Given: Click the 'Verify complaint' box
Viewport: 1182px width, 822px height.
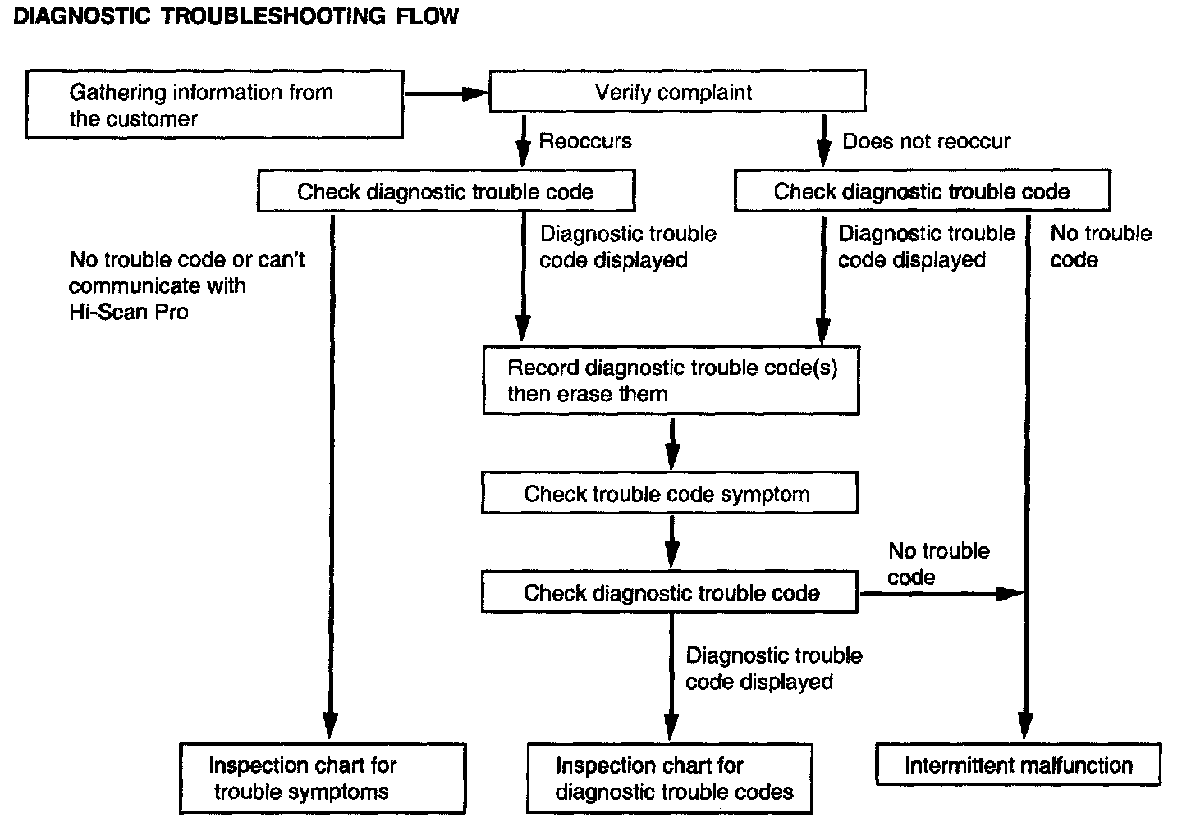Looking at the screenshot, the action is click(677, 91).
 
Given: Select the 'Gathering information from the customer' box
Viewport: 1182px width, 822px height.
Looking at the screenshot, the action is click(214, 104).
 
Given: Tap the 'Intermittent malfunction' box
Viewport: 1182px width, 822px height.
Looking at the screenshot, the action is click(1019, 764).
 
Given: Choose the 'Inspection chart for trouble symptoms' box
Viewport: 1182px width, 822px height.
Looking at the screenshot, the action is click(323, 779).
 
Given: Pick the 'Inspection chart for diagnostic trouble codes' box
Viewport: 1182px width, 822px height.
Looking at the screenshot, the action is click(670, 779).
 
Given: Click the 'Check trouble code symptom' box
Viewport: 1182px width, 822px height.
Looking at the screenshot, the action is click(670, 493).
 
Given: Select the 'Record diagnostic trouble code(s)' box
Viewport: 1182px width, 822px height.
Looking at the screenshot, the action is click(671, 380).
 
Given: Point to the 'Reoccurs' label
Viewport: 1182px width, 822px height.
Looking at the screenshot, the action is click(585, 141).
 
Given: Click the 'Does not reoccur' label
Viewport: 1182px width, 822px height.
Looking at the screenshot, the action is click(926, 141).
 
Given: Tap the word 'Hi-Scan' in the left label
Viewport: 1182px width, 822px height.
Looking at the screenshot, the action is click(108, 312).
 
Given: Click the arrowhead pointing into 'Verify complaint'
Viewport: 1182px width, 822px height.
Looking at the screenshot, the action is click(476, 94).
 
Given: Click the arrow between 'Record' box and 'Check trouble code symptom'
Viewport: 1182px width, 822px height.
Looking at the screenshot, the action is click(671, 444).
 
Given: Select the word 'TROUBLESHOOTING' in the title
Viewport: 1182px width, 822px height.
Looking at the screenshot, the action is click(273, 16).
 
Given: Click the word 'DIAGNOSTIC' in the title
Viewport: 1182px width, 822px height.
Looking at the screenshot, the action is click(82, 16).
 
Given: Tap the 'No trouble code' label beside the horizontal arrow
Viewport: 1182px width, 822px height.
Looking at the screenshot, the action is click(939, 564).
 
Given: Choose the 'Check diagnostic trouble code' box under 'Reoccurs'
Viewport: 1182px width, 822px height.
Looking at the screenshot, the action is click(447, 191).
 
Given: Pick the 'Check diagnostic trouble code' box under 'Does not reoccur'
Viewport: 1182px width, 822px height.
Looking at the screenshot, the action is click(923, 191).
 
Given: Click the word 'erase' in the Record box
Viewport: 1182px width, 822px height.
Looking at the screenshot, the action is click(584, 394).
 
